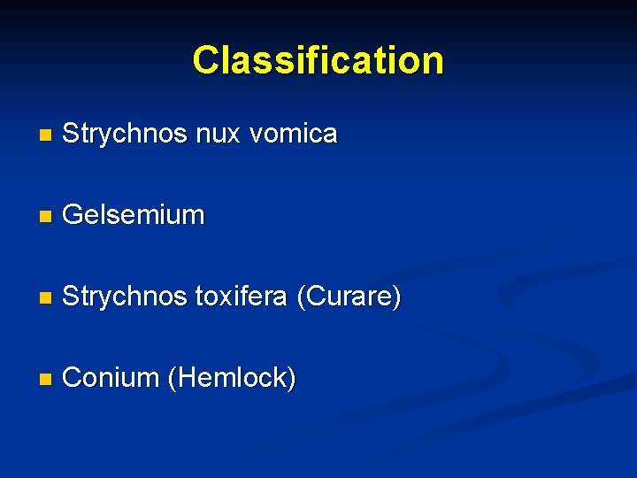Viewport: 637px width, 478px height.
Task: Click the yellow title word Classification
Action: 318,60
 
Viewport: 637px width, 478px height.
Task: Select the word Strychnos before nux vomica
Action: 125,134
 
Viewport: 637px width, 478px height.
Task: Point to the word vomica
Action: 294,135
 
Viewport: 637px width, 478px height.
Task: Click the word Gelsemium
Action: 134,215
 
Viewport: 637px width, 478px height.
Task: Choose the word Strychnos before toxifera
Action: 125,297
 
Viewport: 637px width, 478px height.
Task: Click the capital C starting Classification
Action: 205,60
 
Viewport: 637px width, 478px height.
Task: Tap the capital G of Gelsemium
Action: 73,215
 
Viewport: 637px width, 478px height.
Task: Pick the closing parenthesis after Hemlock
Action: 292,379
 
